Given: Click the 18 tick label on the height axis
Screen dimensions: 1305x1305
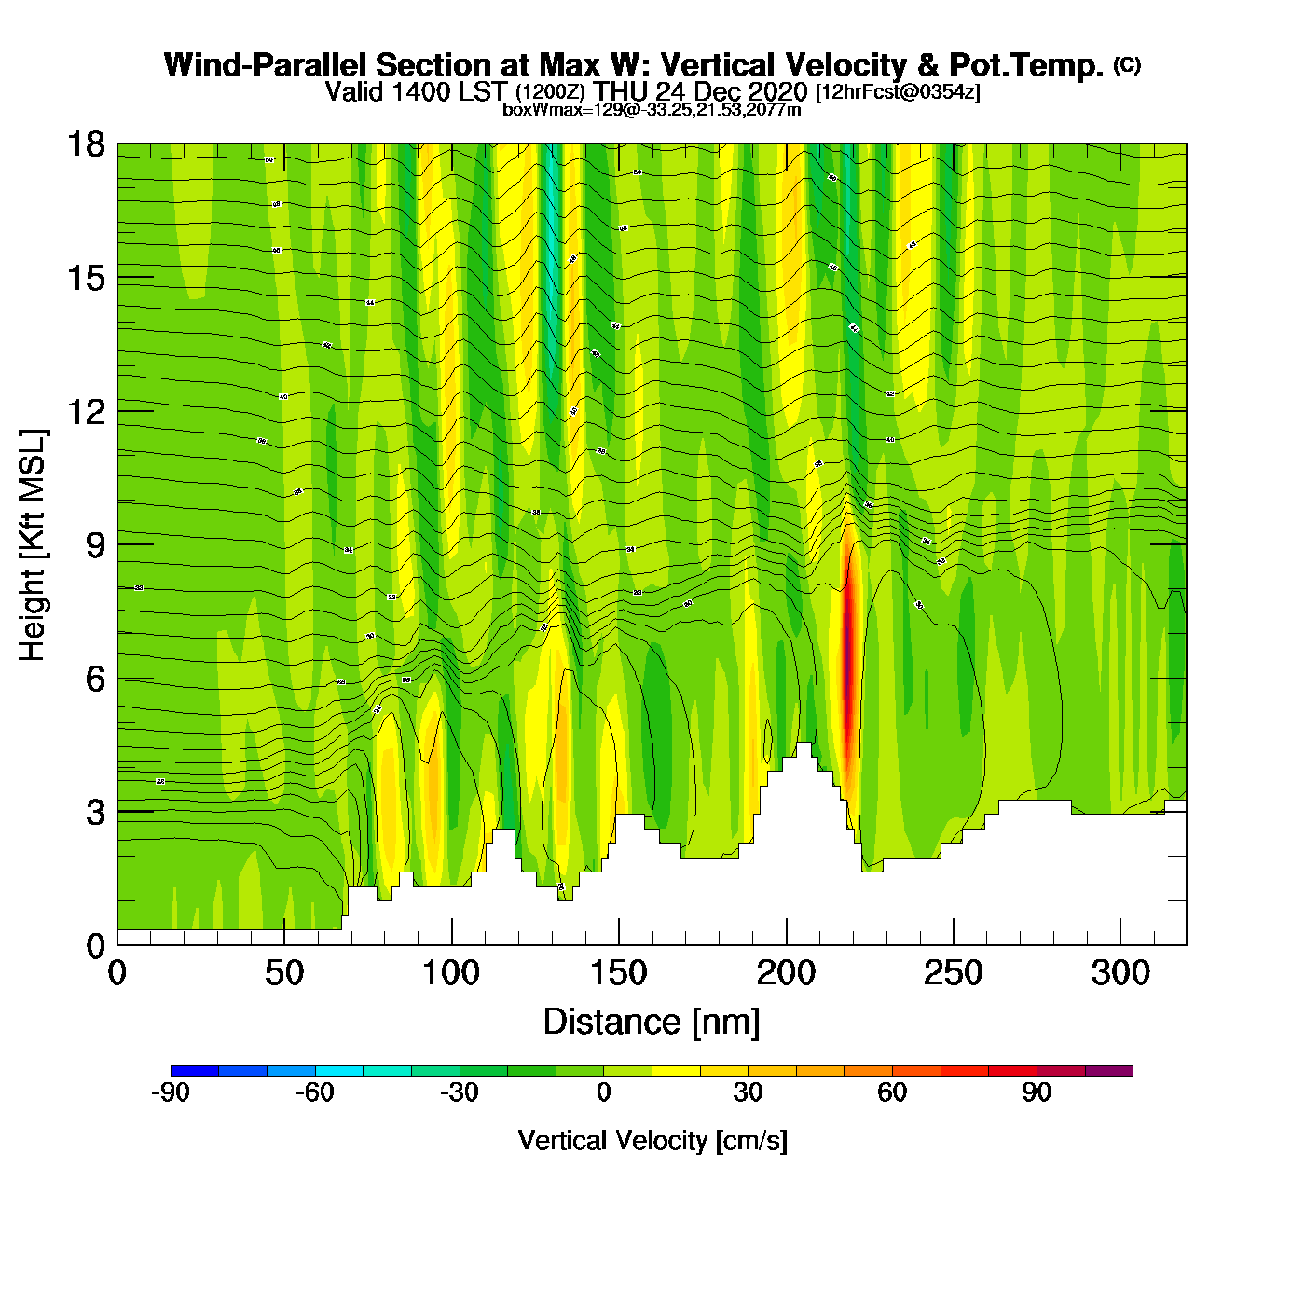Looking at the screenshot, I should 86,144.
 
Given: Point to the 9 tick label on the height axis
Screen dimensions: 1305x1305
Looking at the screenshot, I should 95,545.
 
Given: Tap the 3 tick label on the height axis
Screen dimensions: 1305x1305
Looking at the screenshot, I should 95,813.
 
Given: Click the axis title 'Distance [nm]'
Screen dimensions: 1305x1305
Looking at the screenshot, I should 652,1023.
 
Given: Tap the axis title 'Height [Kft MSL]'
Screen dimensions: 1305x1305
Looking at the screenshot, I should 33,545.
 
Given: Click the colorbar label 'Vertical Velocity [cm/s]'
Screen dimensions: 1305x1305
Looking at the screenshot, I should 652,1140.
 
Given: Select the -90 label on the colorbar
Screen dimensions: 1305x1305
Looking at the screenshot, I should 171,1092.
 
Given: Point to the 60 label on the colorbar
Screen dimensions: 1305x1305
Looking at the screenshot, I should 892,1092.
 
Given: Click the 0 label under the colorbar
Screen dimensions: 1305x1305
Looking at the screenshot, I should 604,1092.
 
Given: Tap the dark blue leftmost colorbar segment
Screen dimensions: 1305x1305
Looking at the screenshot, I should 195,1071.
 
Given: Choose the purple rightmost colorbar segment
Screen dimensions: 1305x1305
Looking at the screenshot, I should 1109,1071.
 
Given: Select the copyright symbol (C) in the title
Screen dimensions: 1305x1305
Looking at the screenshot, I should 1126,64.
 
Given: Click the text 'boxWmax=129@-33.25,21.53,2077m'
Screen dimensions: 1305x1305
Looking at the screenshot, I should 652,110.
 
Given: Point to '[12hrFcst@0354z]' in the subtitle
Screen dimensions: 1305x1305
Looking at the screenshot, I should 898,92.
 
